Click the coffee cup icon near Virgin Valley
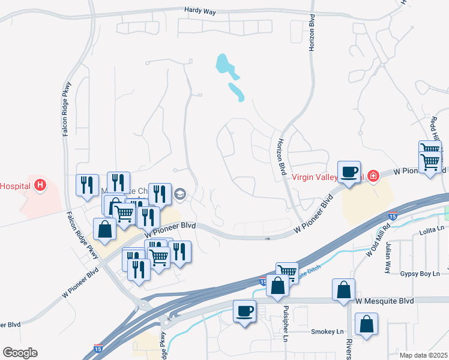pos(348,172)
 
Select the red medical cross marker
pos(373,176)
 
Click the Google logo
pos(20,353)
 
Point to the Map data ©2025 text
pos(424,355)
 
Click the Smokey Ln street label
pos(327,331)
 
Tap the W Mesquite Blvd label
pos(385,300)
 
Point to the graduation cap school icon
pos(179,194)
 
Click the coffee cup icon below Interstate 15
pos(244,311)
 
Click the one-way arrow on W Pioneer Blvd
pos(268,238)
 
